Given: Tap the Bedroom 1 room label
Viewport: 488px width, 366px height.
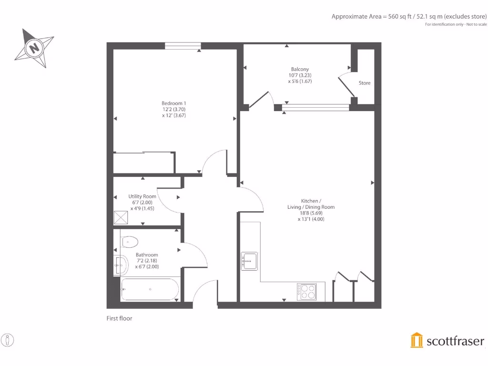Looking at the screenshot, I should click(x=174, y=109).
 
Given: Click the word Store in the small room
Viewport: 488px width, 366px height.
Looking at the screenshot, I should click(x=365, y=83).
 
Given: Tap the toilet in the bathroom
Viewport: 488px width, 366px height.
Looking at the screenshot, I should click(x=129, y=242).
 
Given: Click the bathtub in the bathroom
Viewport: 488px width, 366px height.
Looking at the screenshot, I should click(x=150, y=289).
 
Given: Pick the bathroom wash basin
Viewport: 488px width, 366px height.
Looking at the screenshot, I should click(x=121, y=264).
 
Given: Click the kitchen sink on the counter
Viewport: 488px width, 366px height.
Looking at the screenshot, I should click(x=249, y=261).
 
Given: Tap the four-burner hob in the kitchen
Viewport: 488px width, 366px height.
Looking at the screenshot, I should click(x=306, y=292).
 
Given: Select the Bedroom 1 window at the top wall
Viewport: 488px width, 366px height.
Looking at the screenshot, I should click(x=183, y=46).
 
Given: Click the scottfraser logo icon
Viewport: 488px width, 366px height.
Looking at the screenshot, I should click(x=417, y=340).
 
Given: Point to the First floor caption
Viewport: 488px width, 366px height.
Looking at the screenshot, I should click(x=119, y=318).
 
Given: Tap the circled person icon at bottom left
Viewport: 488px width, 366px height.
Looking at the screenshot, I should click(x=8, y=340).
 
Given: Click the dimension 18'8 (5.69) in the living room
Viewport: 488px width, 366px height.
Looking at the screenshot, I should click(x=311, y=213).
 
